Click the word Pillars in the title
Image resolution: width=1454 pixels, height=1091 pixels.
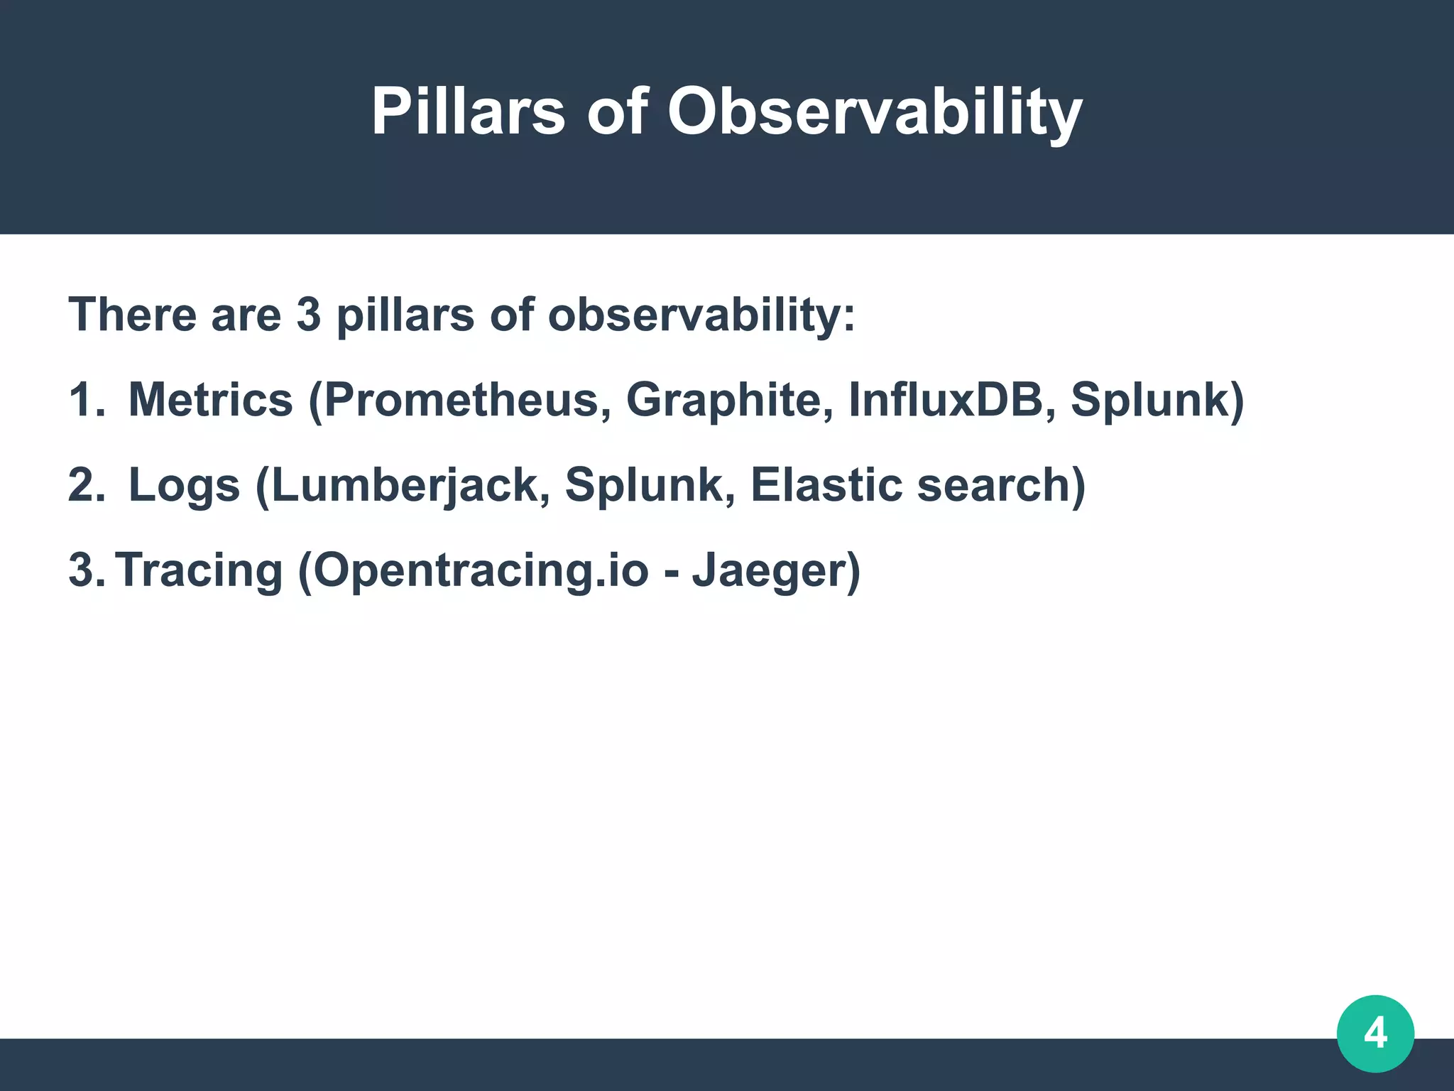[x=468, y=112]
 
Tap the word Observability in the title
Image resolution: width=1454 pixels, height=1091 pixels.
[x=875, y=112]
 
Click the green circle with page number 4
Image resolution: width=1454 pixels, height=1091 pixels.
[x=1375, y=1033]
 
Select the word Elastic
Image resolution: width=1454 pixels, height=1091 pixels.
[x=826, y=485]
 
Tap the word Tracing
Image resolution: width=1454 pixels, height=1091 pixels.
[x=199, y=570]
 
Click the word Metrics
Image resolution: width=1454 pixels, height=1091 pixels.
[x=210, y=400]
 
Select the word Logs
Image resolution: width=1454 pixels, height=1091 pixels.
[x=184, y=485]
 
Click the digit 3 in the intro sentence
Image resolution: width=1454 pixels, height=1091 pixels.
[x=308, y=315]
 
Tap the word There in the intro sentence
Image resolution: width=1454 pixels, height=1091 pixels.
[x=131, y=315]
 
